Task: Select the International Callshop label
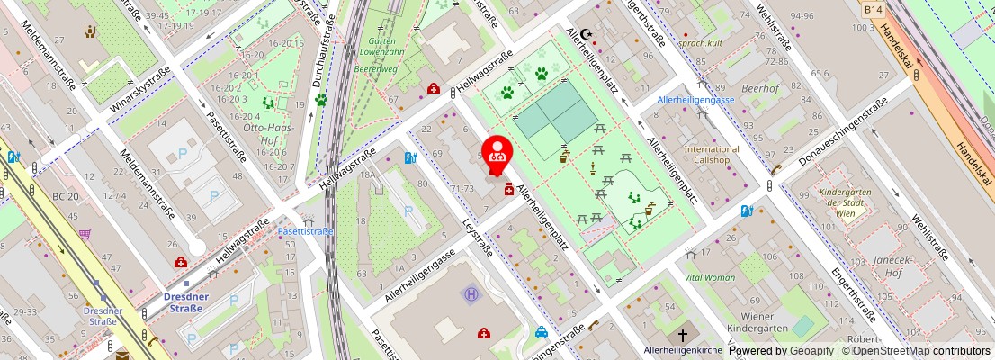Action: (711, 154)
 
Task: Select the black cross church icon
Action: (683, 334)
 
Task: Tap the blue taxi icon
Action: (542, 331)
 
